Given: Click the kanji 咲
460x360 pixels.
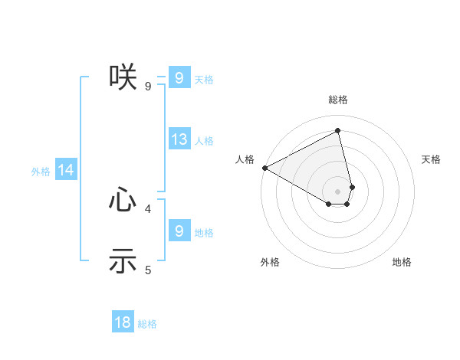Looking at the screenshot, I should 123,77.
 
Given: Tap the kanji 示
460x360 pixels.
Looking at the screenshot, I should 123,260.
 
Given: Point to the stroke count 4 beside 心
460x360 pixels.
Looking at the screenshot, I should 148,208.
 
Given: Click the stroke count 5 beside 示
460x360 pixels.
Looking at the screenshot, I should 148,270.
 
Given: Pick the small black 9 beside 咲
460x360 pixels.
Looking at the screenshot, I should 148,86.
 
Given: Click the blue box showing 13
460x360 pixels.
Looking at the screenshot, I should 179,139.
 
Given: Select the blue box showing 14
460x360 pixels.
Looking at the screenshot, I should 66,171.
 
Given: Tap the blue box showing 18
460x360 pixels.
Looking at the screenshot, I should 123,322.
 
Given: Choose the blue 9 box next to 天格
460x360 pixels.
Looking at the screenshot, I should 179,77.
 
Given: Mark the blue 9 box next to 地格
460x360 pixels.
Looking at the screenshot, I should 179,231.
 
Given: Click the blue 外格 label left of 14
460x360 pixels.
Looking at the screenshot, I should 41,172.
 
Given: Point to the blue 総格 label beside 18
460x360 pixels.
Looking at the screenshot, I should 147,324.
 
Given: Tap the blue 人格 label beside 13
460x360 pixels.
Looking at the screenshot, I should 204,141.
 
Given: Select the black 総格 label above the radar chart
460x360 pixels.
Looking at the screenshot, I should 338,100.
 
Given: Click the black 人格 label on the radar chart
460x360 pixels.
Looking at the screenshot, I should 245,159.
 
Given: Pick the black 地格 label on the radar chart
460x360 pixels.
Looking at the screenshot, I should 402,262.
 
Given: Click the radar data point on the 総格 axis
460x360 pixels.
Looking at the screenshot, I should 338,131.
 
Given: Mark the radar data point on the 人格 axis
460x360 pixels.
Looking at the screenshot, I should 264,167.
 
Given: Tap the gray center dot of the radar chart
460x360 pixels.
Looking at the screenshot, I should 338,191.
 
